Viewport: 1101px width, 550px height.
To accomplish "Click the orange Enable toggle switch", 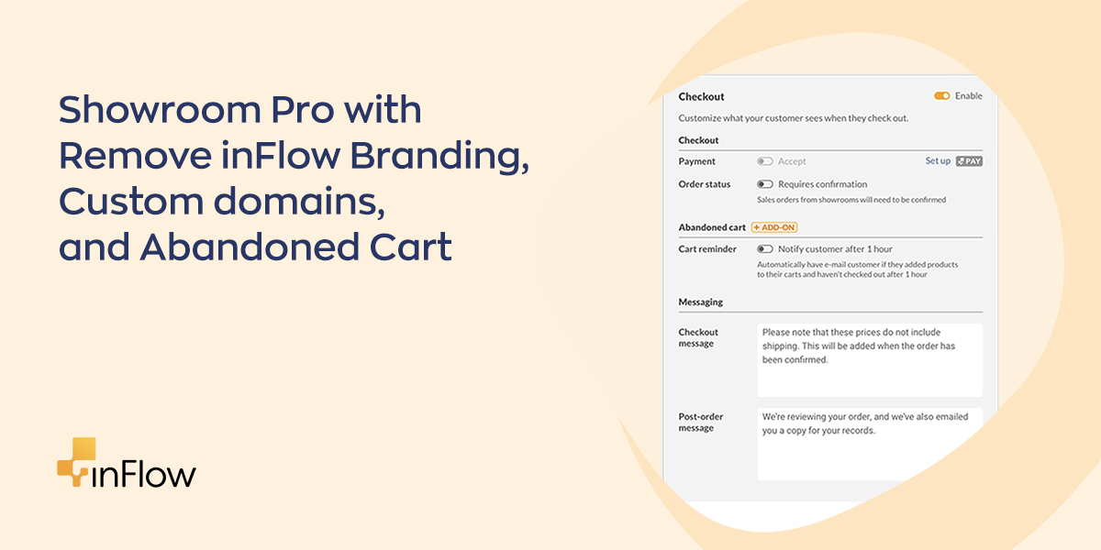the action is [941, 95].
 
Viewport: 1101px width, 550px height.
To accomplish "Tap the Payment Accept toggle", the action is [765, 161].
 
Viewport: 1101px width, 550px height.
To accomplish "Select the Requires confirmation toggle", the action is [765, 184].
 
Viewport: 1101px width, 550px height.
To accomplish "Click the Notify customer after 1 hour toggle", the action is [765, 249].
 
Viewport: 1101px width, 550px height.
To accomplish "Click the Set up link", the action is [938, 160].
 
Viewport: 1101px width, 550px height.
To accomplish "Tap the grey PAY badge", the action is [969, 161].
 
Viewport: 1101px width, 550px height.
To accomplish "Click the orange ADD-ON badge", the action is [774, 227].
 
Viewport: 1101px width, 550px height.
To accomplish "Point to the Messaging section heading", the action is [700, 302].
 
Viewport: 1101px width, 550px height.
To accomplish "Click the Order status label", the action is [705, 184].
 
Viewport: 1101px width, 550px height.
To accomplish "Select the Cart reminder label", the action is [707, 249].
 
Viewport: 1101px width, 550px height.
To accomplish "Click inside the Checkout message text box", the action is [870, 360].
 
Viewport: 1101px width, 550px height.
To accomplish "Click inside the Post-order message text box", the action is [870, 445].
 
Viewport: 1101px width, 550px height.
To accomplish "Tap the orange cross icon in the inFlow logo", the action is [76, 462].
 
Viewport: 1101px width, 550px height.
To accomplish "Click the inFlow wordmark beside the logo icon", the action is [144, 474].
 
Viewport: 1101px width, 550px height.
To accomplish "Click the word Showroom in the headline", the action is [160, 109].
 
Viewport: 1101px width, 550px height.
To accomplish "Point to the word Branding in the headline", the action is [439, 156].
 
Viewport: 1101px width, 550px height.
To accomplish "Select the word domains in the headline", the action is [299, 202].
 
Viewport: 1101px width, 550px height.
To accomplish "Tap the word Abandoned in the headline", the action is [250, 247].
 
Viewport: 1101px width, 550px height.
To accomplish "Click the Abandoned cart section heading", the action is [712, 227].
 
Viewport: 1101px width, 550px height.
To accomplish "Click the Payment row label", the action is [697, 161].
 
